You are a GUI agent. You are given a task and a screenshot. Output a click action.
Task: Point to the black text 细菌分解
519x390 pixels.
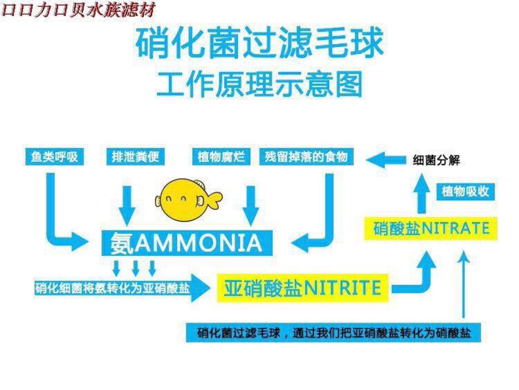pos(436,161)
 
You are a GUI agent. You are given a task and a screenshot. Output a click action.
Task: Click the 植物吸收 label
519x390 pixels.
pos(465,191)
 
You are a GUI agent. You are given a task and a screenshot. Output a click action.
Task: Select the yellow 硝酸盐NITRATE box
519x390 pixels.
pos(431,228)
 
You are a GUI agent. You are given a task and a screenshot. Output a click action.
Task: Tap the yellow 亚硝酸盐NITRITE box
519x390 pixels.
pos(302,288)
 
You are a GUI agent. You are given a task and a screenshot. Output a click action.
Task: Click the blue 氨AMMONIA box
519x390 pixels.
pos(186,243)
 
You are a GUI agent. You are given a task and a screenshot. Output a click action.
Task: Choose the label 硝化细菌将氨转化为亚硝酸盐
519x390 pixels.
pos(113,289)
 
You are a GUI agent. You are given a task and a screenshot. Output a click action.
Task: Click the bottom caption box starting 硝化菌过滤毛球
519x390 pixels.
pos(333,332)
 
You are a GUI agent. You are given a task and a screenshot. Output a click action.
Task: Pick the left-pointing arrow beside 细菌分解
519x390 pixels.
pos(384,160)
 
